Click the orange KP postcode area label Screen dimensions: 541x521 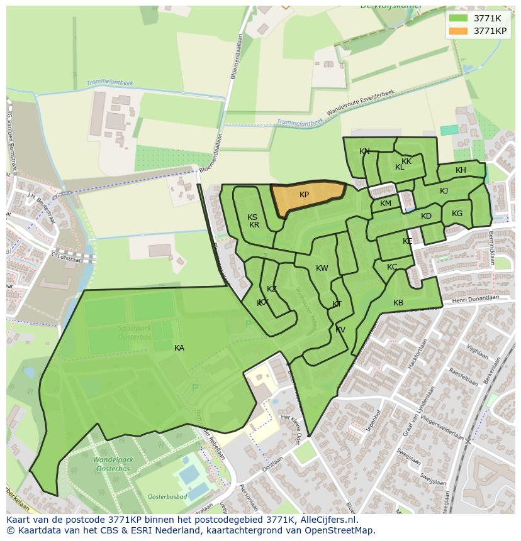point(304,195)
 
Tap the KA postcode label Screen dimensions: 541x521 point(179,347)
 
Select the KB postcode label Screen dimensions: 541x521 point(398,303)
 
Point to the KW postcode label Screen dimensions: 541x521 point(322,268)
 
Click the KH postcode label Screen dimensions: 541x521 point(461,170)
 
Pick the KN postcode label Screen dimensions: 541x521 point(364,151)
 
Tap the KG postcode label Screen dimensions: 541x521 point(457,214)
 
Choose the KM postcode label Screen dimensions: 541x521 point(386,204)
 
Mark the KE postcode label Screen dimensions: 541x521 point(408,241)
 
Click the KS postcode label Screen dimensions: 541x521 point(252,217)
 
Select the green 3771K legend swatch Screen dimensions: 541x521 point(459,18)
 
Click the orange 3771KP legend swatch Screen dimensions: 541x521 point(459,31)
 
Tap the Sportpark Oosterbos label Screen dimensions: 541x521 point(135,332)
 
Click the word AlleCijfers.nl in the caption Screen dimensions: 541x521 point(327,520)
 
